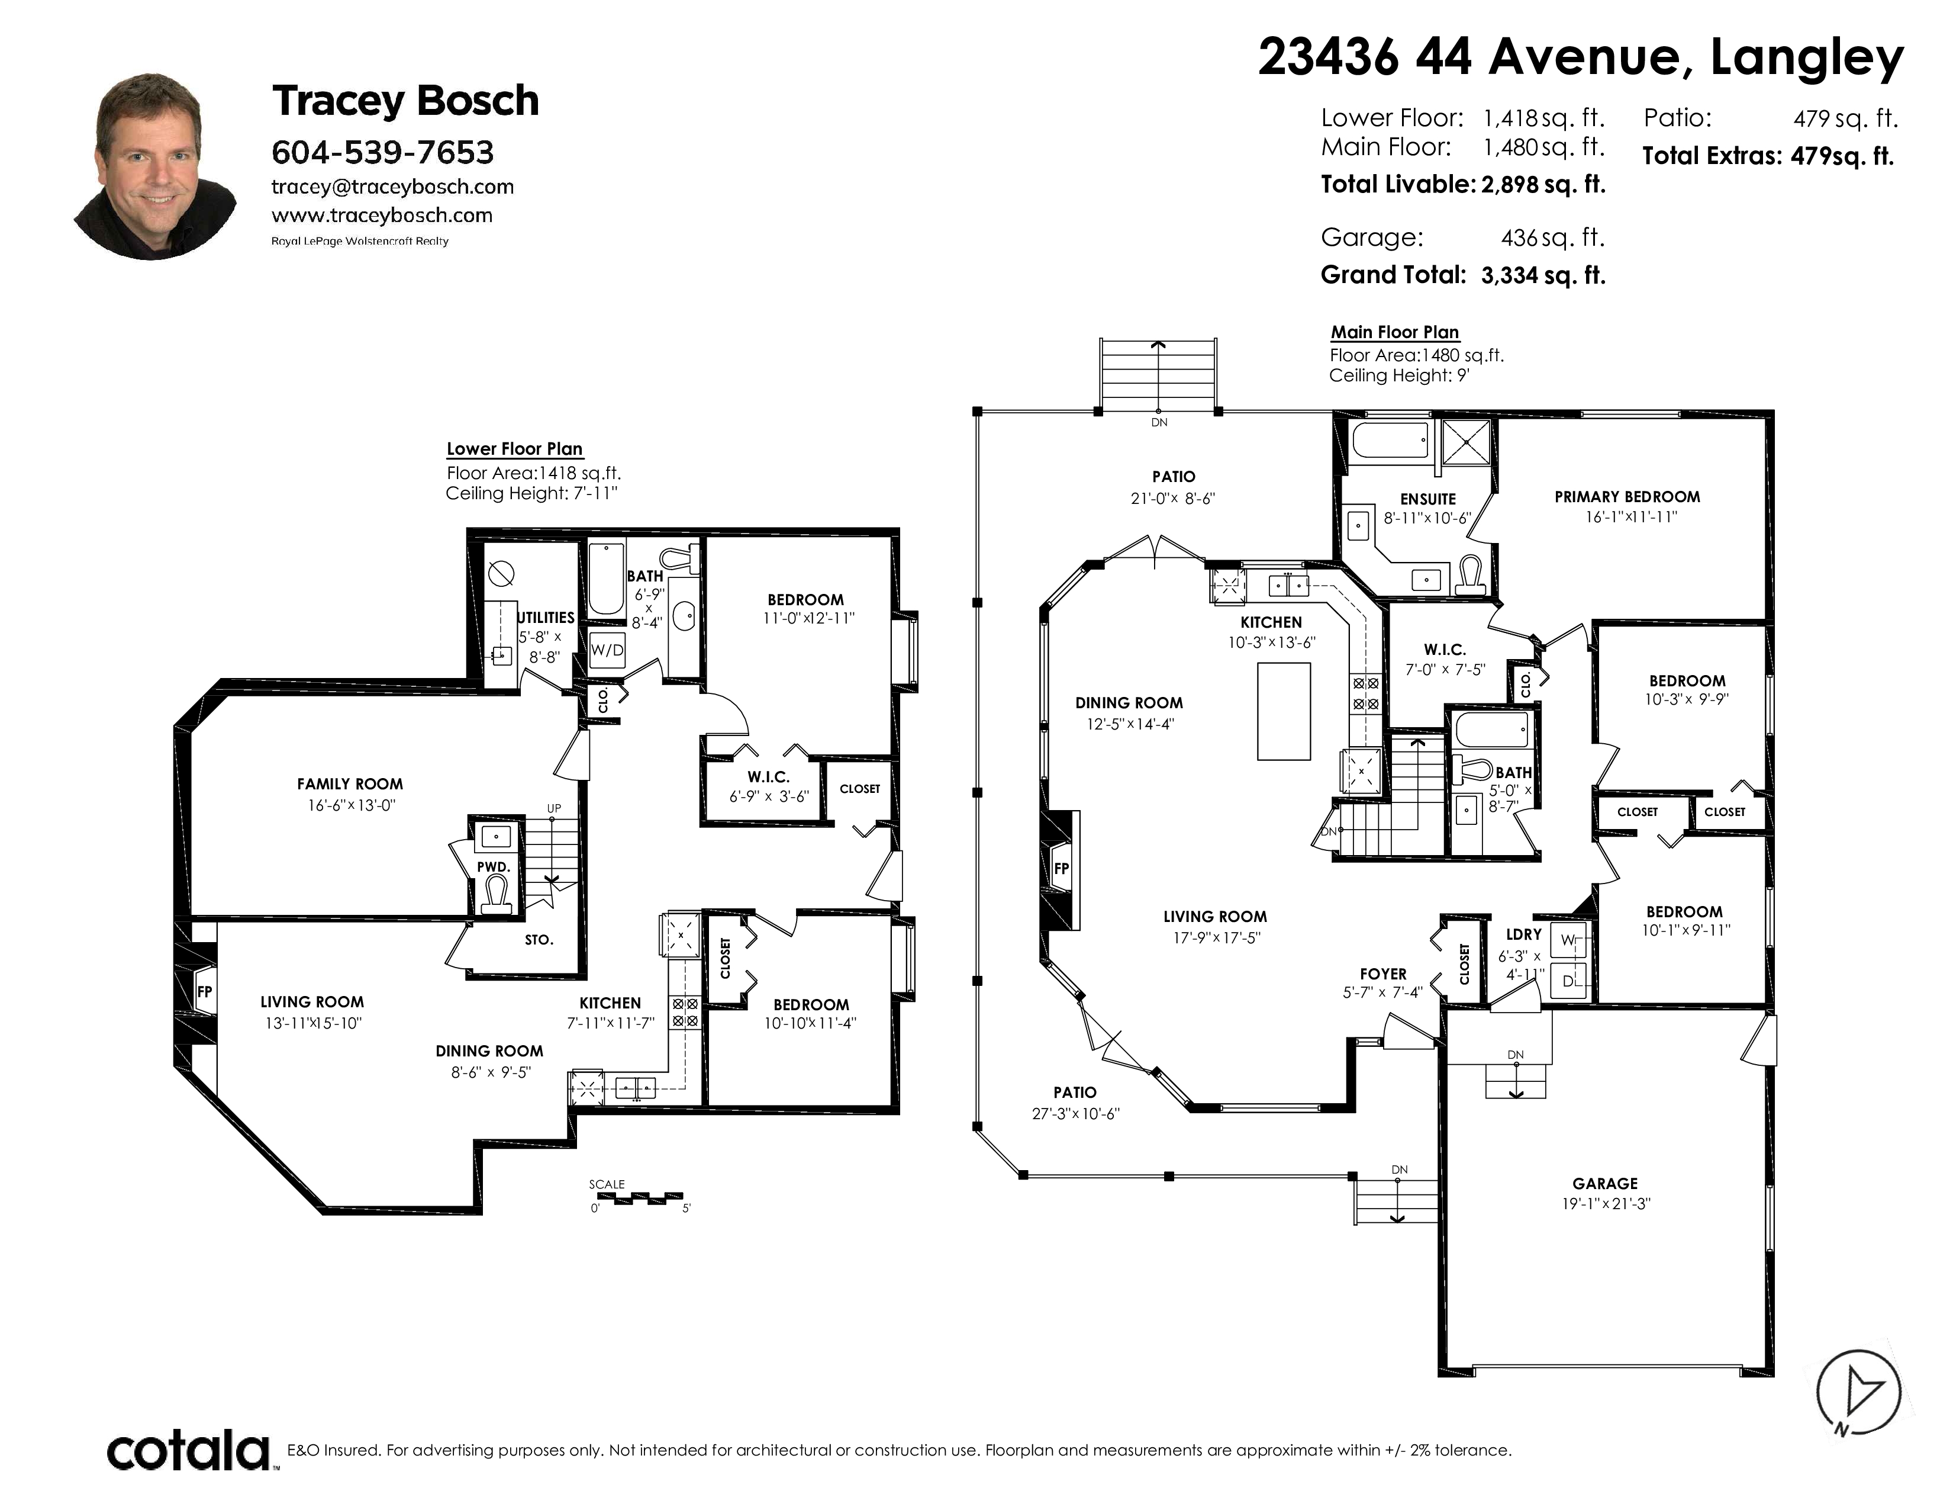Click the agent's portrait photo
coord(156,167)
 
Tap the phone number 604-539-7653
coord(383,153)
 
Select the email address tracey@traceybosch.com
coord(392,187)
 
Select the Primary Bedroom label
coord(1627,496)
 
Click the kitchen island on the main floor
coord(1284,711)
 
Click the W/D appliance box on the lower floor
coord(607,650)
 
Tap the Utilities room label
coord(546,617)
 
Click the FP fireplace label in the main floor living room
coord(1062,869)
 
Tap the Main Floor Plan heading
coord(1395,332)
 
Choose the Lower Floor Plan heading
coord(514,449)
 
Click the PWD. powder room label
coord(494,867)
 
